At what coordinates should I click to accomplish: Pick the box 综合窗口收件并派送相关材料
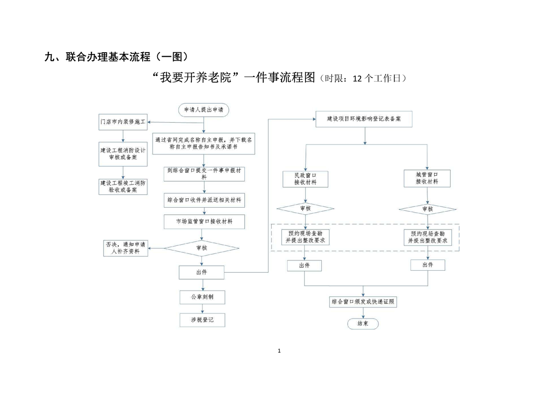point(204,200)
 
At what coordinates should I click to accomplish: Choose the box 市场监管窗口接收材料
point(204,222)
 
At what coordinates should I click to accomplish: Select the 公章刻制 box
point(202,297)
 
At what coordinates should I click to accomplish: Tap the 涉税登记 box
point(202,320)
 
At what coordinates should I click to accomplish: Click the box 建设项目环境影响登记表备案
point(365,119)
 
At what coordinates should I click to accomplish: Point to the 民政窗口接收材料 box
point(305,178)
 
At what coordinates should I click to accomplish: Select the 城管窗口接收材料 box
point(427,178)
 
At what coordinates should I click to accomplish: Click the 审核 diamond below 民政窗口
point(305,209)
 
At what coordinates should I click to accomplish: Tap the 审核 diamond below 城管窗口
point(428,209)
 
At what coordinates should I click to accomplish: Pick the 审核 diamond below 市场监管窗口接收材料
point(201,247)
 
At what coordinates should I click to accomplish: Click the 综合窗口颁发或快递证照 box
point(364,302)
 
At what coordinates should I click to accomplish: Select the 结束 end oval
point(363,323)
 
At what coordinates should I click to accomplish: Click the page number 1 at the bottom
point(279,351)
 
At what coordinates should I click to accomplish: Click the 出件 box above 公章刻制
point(201,272)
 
